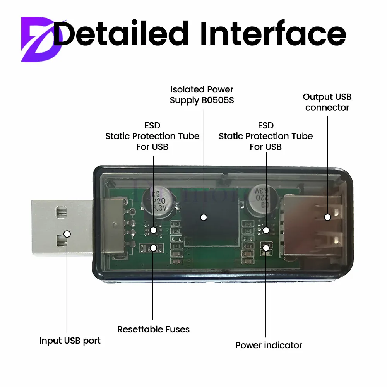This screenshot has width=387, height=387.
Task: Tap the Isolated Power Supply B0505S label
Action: [202, 95]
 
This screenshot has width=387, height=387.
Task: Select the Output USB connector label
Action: [327, 102]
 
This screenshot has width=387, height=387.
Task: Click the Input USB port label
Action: [70, 341]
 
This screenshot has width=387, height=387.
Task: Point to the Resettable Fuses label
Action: [154, 330]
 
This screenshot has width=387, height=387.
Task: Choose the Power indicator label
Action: [269, 345]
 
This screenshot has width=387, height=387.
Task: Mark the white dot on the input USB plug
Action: [67, 234]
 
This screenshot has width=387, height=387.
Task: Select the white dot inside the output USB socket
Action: [327, 217]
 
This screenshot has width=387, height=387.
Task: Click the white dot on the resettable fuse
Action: [154, 247]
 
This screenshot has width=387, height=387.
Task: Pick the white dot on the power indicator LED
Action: [266, 247]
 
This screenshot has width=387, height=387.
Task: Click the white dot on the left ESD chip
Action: [154, 230]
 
